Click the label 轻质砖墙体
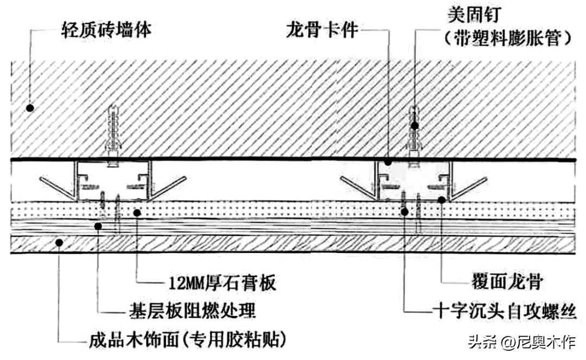[x=106, y=29]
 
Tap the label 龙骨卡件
[x=322, y=29]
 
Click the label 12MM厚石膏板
[x=222, y=282]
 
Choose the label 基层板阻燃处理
[x=193, y=310]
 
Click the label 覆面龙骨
[x=506, y=281]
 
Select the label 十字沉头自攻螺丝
[x=505, y=310]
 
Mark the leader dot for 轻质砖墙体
[x=30, y=108]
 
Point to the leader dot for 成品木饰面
[x=59, y=243]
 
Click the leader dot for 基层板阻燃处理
[x=98, y=226]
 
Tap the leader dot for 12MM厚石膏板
[x=137, y=213]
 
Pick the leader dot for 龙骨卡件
[x=388, y=162]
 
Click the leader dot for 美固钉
[x=415, y=125]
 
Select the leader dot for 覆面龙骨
[x=442, y=200]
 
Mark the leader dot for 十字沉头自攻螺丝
[x=404, y=212]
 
